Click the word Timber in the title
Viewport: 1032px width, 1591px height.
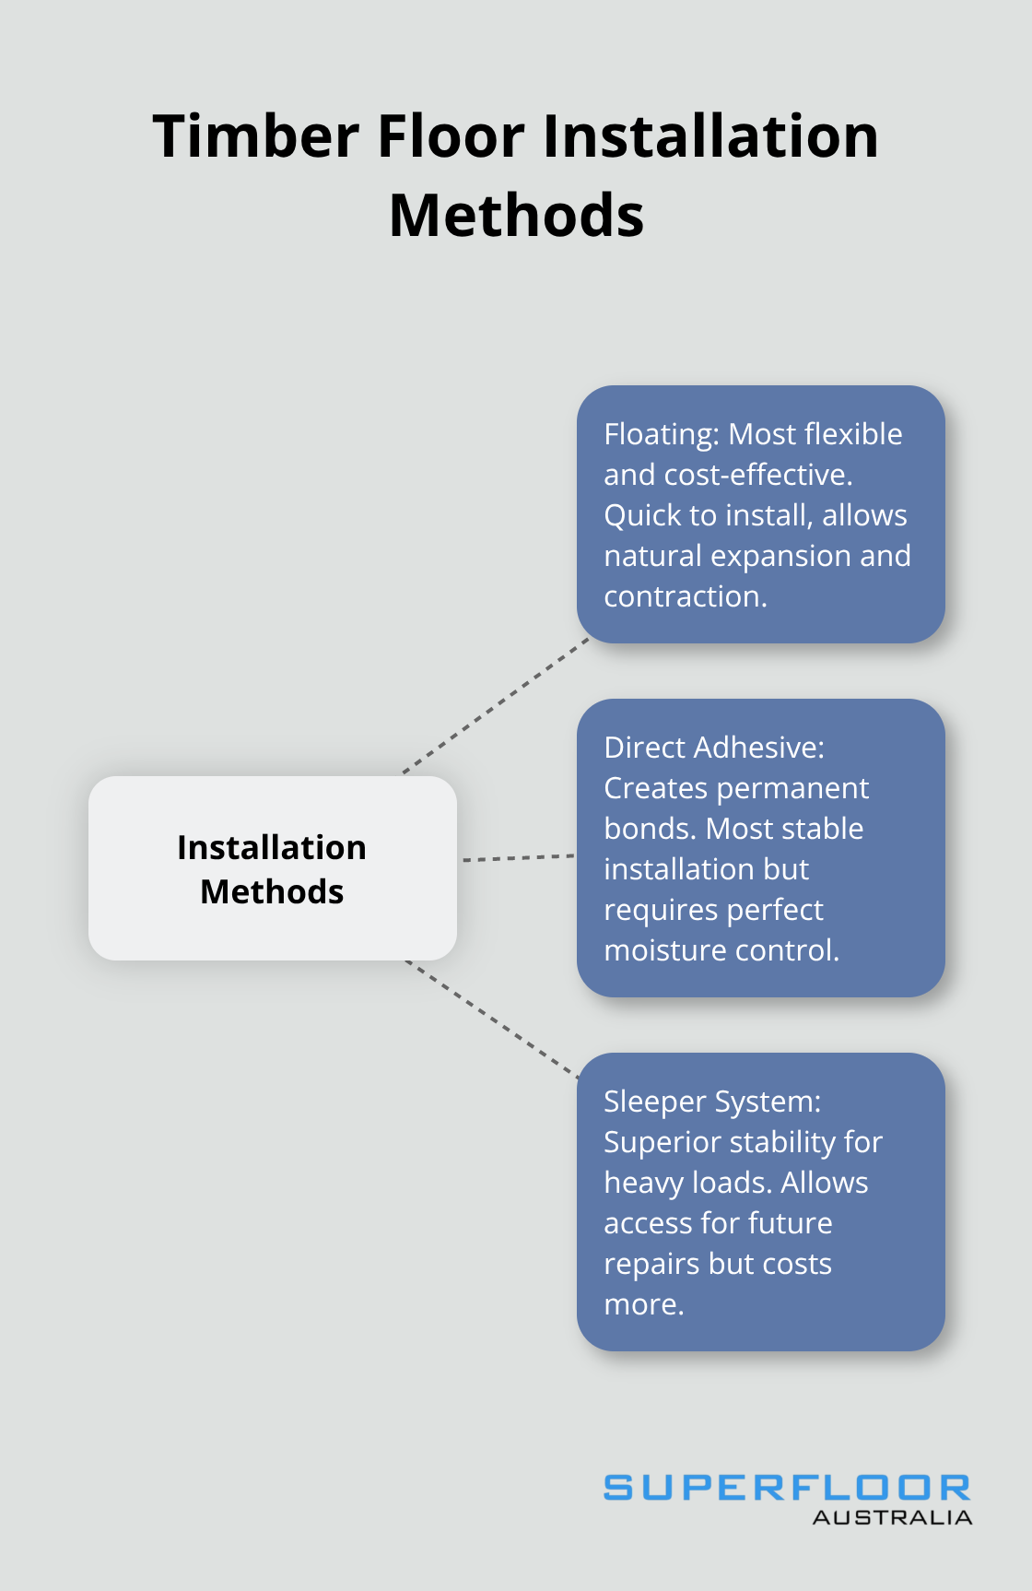[x=255, y=136]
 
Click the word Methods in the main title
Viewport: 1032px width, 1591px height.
[x=516, y=216]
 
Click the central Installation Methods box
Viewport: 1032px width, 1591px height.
[x=272, y=868]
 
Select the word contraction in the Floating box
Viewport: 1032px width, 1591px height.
[x=685, y=596]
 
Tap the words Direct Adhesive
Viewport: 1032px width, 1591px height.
[x=713, y=748]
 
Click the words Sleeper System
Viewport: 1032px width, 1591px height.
[x=711, y=1102]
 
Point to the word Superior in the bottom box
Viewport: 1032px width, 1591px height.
[x=661, y=1142]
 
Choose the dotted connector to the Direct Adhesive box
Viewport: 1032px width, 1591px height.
[x=517, y=857]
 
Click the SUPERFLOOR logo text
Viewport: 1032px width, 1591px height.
[x=787, y=1487]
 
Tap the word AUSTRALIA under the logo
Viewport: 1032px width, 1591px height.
[x=892, y=1517]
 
